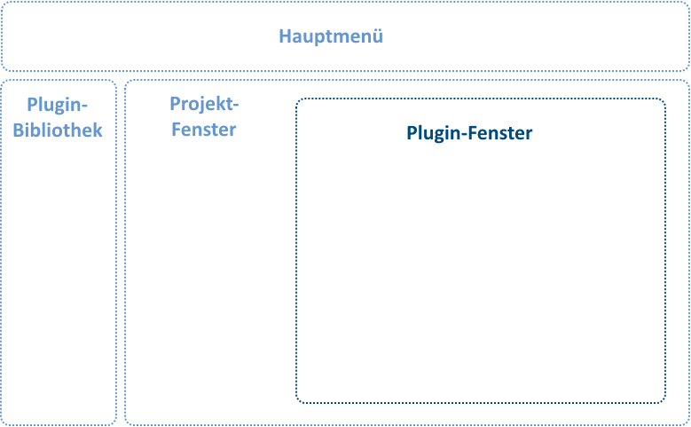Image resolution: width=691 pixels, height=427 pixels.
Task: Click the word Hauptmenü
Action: coord(331,36)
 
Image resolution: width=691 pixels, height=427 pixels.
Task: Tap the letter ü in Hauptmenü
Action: coord(378,36)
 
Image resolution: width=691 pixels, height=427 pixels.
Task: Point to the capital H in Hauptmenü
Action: coord(285,36)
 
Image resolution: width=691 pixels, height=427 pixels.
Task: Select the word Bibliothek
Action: coord(58,130)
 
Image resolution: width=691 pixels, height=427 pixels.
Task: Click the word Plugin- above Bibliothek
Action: coord(58,106)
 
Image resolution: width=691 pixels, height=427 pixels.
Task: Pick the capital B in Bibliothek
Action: coord(18,130)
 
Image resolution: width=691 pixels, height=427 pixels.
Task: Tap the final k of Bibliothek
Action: coord(98,130)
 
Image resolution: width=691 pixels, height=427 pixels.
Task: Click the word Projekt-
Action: coord(204,105)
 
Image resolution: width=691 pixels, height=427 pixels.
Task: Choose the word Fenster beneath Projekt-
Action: coord(204,130)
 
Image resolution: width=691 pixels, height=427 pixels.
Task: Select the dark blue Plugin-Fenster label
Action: coord(469,133)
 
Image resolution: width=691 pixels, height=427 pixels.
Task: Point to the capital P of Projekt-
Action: coord(175,104)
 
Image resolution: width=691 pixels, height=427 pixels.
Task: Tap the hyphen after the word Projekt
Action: coord(235,106)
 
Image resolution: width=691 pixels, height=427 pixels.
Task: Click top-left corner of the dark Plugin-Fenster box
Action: coord(296,99)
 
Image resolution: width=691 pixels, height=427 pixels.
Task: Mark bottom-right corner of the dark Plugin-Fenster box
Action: coord(665,402)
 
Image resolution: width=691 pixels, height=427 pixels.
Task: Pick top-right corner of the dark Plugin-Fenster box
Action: coord(665,99)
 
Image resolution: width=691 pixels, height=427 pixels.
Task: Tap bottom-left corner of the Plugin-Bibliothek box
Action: coord(1,425)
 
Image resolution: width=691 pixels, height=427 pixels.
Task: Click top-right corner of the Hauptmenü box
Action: coord(689,2)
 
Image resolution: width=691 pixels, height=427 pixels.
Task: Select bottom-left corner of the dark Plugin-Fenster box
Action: coord(296,402)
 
